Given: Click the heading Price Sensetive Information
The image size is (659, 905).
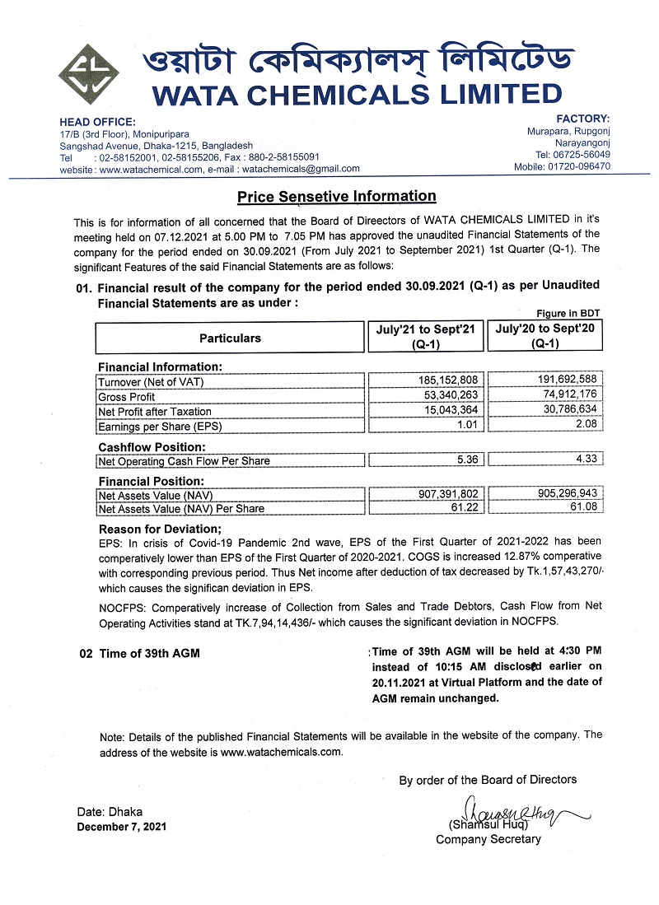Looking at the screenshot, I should point(336,197).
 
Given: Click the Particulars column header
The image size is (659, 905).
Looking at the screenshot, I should point(230,338).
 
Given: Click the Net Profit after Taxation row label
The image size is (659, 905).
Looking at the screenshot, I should point(155,411).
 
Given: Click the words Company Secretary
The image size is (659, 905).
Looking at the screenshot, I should point(488,839).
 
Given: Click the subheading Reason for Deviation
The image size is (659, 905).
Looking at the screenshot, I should point(160,529).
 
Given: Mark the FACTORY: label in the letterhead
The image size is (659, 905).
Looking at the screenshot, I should point(583,119).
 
